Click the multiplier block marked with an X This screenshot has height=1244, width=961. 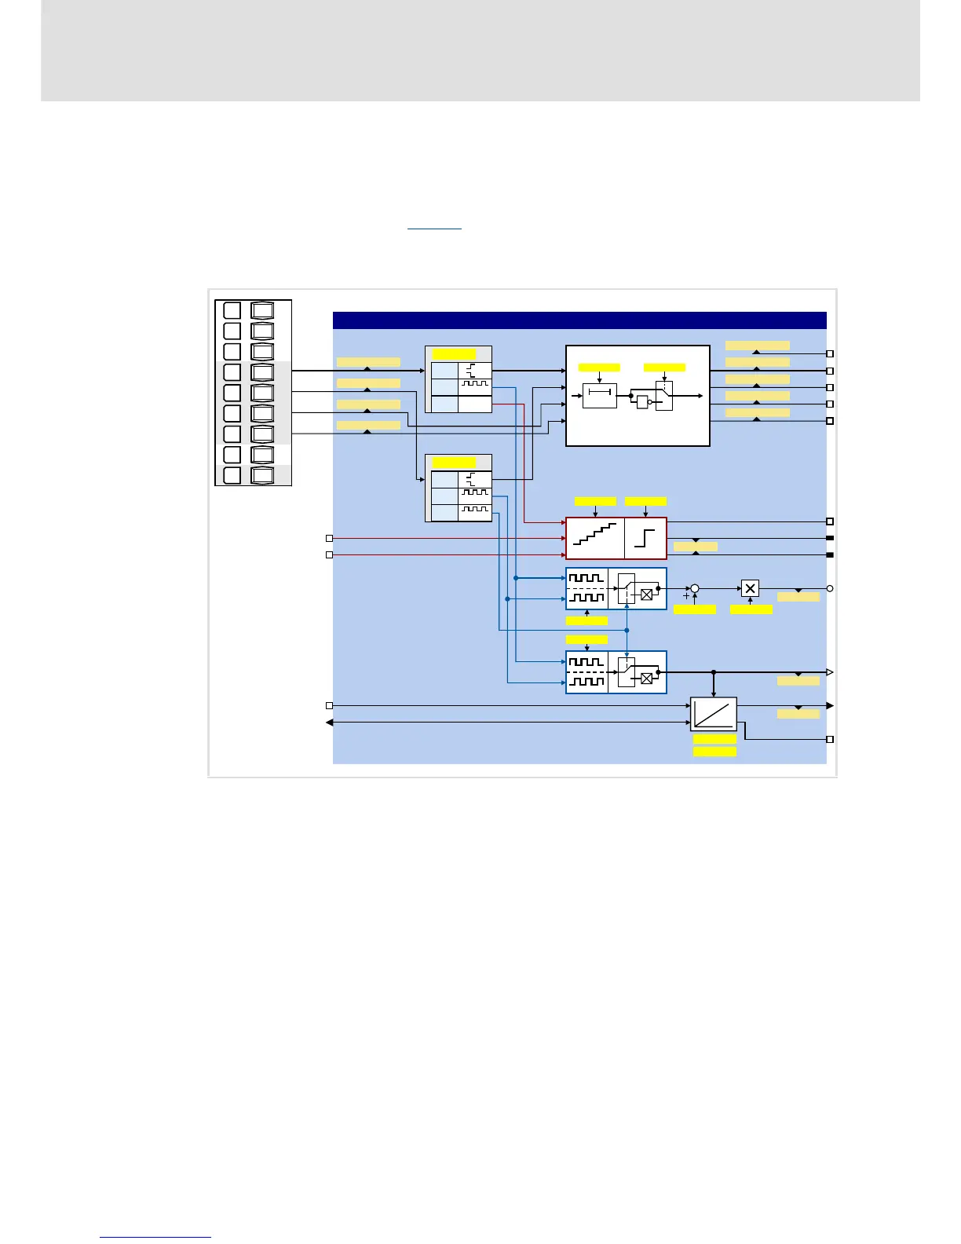[750, 588]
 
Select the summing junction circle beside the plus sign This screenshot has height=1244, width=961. [694, 588]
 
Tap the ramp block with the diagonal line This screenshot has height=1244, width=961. [714, 714]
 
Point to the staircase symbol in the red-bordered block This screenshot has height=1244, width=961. [595, 539]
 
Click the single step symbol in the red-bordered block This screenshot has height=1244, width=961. [645, 539]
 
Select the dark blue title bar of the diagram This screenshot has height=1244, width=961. [579, 320]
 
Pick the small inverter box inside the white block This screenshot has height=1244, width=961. [642, 402]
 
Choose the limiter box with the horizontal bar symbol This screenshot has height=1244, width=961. [600, 396]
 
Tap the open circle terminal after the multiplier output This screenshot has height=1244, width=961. [830, 588]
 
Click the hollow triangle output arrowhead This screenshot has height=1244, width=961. [830, 672]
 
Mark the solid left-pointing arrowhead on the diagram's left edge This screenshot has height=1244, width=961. [330, 723]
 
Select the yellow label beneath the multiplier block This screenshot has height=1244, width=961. [751, 609]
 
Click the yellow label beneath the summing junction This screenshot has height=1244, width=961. [695, 609]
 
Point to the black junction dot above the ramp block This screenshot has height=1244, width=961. [714, 672]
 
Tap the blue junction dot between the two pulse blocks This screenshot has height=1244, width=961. [627, 630]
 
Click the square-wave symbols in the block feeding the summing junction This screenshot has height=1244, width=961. [586, 588]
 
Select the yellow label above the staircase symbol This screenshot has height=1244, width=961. [595, 501]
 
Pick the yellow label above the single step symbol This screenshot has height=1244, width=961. [645, 501]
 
